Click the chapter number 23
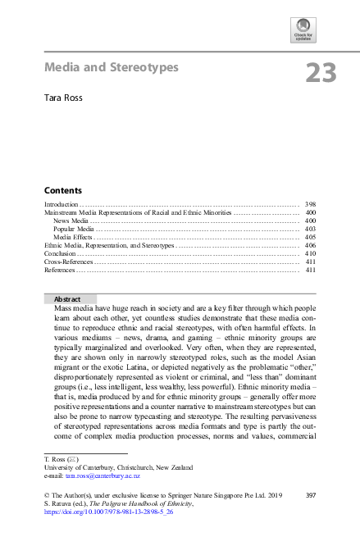coord(321,73)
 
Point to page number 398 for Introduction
coord(310,203)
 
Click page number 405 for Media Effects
coord(310,237)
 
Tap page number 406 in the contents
coord(310,245)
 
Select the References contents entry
coord(60,270)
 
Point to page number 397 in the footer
coord(310,495)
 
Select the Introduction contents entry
coord(62,203)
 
